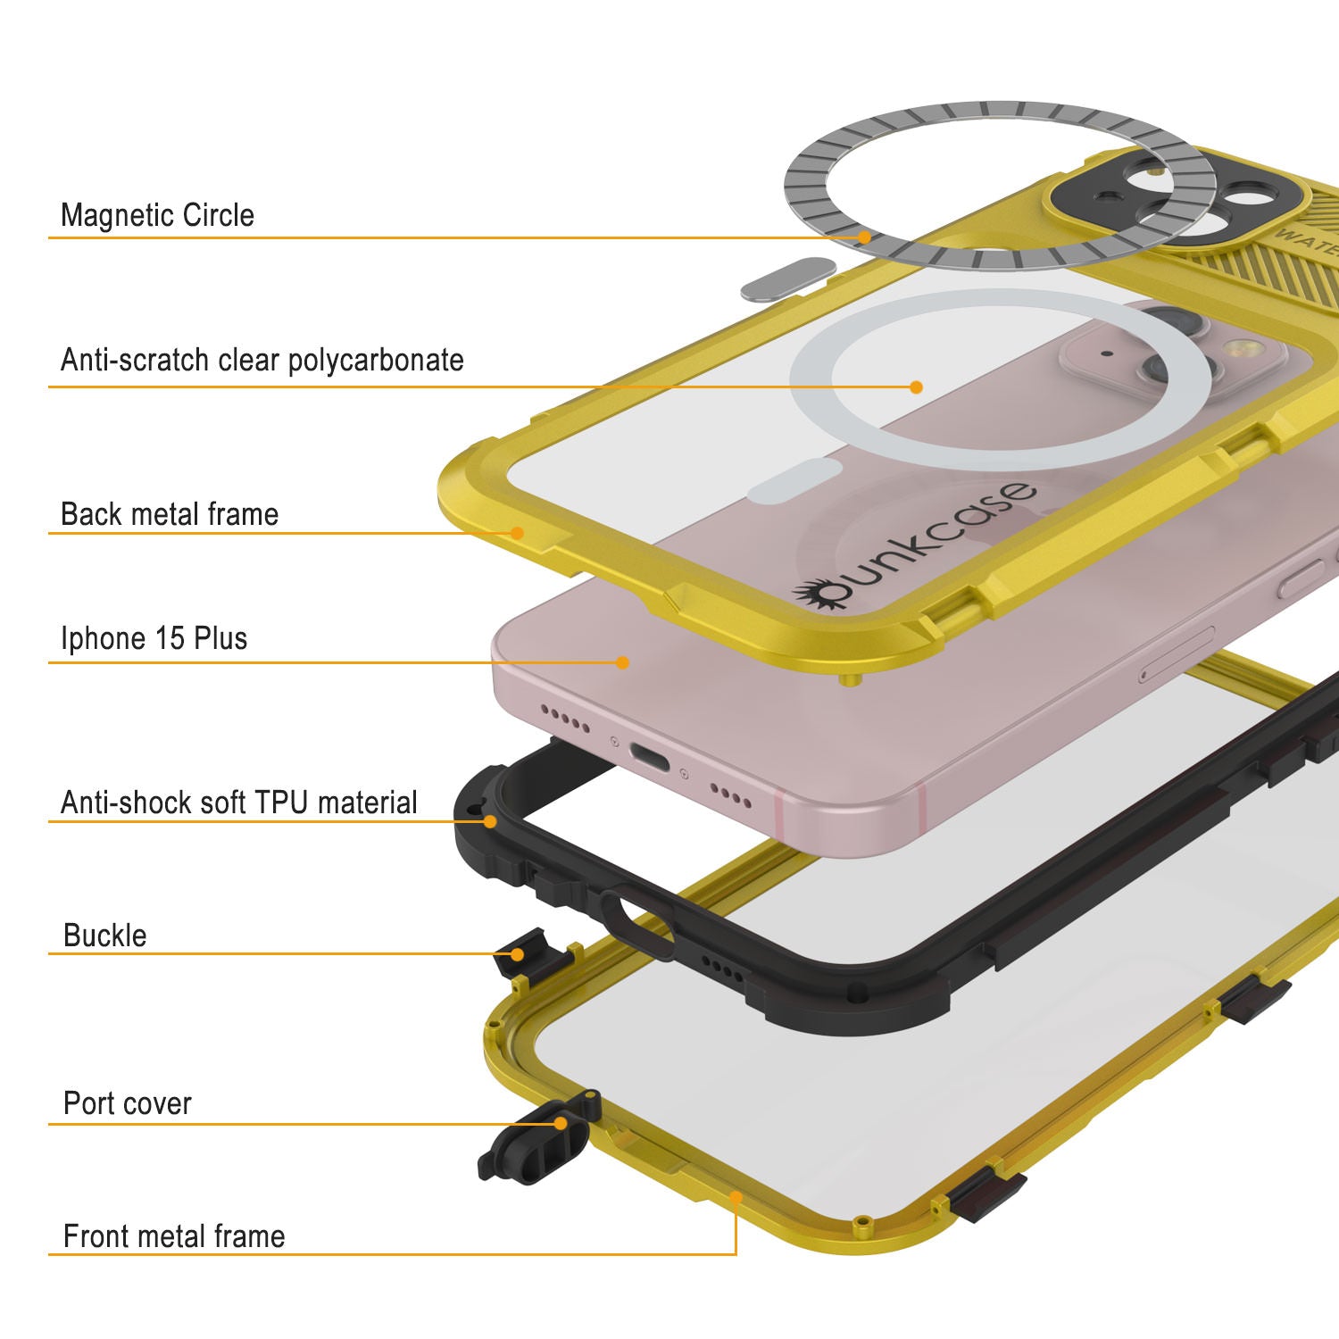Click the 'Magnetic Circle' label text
pyautogui.click(x=157, y=215)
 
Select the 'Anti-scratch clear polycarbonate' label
pyautogui.click(x=262, y=360)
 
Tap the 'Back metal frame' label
pyautogui.click(x=170, y=514)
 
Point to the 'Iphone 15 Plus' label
pyautogui.click(x=154, y=638)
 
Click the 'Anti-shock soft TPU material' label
pyautogui.click(x=238, y=803)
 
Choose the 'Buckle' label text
pyautogui.click(x=105, y=936)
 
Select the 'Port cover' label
pyautogui.click(x=128, y=1103)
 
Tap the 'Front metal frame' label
pyautogui.click(x=174, y=1236)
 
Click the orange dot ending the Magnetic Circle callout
pyautogui.click(x=864, y=237)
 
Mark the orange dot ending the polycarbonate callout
pyautogui.click(x=916, y=387)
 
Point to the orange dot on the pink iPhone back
pyautogui.click(x=622, y=662)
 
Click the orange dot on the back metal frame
pyautogui.click(x=517, y=533)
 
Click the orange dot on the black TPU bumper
pyautogui.click(x=489, y=820)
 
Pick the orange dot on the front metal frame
pyautogui.click(x=736, y=1196)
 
